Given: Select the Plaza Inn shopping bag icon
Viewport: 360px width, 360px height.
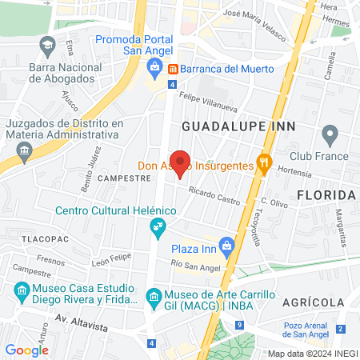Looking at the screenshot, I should (x=226, y=244).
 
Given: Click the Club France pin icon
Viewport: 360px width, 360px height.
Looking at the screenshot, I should (x=328, y=133).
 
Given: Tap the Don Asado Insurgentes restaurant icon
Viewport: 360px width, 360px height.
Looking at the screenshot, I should (x=261, y=165).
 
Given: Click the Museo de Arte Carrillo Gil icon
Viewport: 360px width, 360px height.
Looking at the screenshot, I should (x=154, y=299).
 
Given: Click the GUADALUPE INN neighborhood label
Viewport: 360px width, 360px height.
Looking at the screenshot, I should (x=238, y=126).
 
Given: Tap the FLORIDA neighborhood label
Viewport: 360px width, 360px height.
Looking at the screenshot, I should (x=325, y=195).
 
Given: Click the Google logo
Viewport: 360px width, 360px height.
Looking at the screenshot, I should (x=27, y=350).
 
